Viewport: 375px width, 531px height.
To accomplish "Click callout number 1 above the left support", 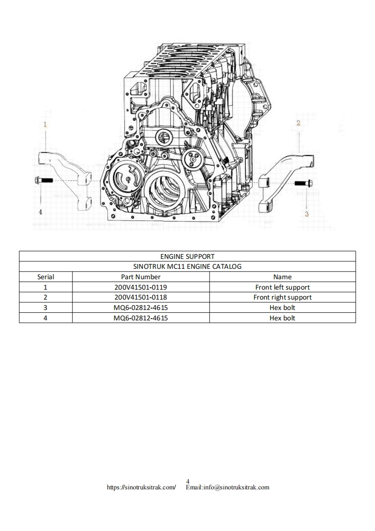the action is coord(45,125).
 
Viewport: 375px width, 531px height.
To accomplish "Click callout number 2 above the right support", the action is coord(298,123).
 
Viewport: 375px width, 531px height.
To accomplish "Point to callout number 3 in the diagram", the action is coord(306,214).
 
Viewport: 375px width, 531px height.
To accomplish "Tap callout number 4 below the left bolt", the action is coord(40,212).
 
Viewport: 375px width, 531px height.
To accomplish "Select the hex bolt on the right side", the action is coord(301,183).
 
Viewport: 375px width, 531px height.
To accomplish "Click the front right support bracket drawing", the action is coord(284,180).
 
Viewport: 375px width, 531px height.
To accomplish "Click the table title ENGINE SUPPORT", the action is coord(187,257).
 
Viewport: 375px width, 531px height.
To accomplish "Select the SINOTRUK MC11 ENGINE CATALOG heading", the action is coord(187,266).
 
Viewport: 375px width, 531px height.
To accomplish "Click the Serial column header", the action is coord(46,277).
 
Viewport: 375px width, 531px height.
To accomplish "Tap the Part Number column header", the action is coord(141,277).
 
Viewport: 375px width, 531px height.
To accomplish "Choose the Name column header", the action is coord(282,277).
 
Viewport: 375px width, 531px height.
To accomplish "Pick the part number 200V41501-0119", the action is coord(141,287).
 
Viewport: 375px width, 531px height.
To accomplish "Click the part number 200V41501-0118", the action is coord(141,297).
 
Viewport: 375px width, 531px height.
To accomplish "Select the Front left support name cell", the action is coord(282,287).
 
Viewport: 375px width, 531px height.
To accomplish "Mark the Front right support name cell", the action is coord(282,297).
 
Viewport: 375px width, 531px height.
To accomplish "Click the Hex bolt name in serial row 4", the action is coord(282,318).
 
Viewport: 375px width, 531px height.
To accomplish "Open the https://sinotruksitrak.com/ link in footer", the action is coord(142,487).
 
